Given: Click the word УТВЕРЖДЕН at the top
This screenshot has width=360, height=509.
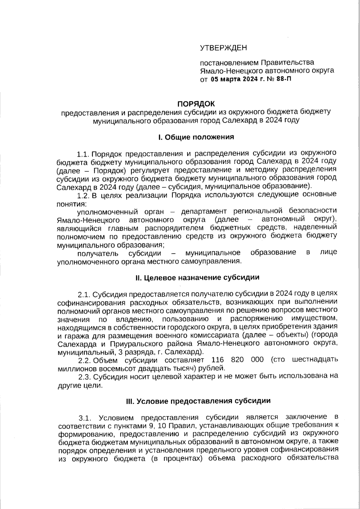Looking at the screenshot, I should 223,48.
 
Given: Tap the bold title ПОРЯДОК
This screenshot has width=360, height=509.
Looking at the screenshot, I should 196,104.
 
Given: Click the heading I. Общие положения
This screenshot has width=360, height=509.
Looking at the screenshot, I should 196,137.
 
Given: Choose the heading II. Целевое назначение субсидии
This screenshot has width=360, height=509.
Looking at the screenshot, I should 197,277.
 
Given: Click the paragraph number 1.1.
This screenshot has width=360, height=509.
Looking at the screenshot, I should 83,154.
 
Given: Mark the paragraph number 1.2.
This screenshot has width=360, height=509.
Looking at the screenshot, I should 83,196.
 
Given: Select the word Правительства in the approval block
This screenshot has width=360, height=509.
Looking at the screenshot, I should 287,62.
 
